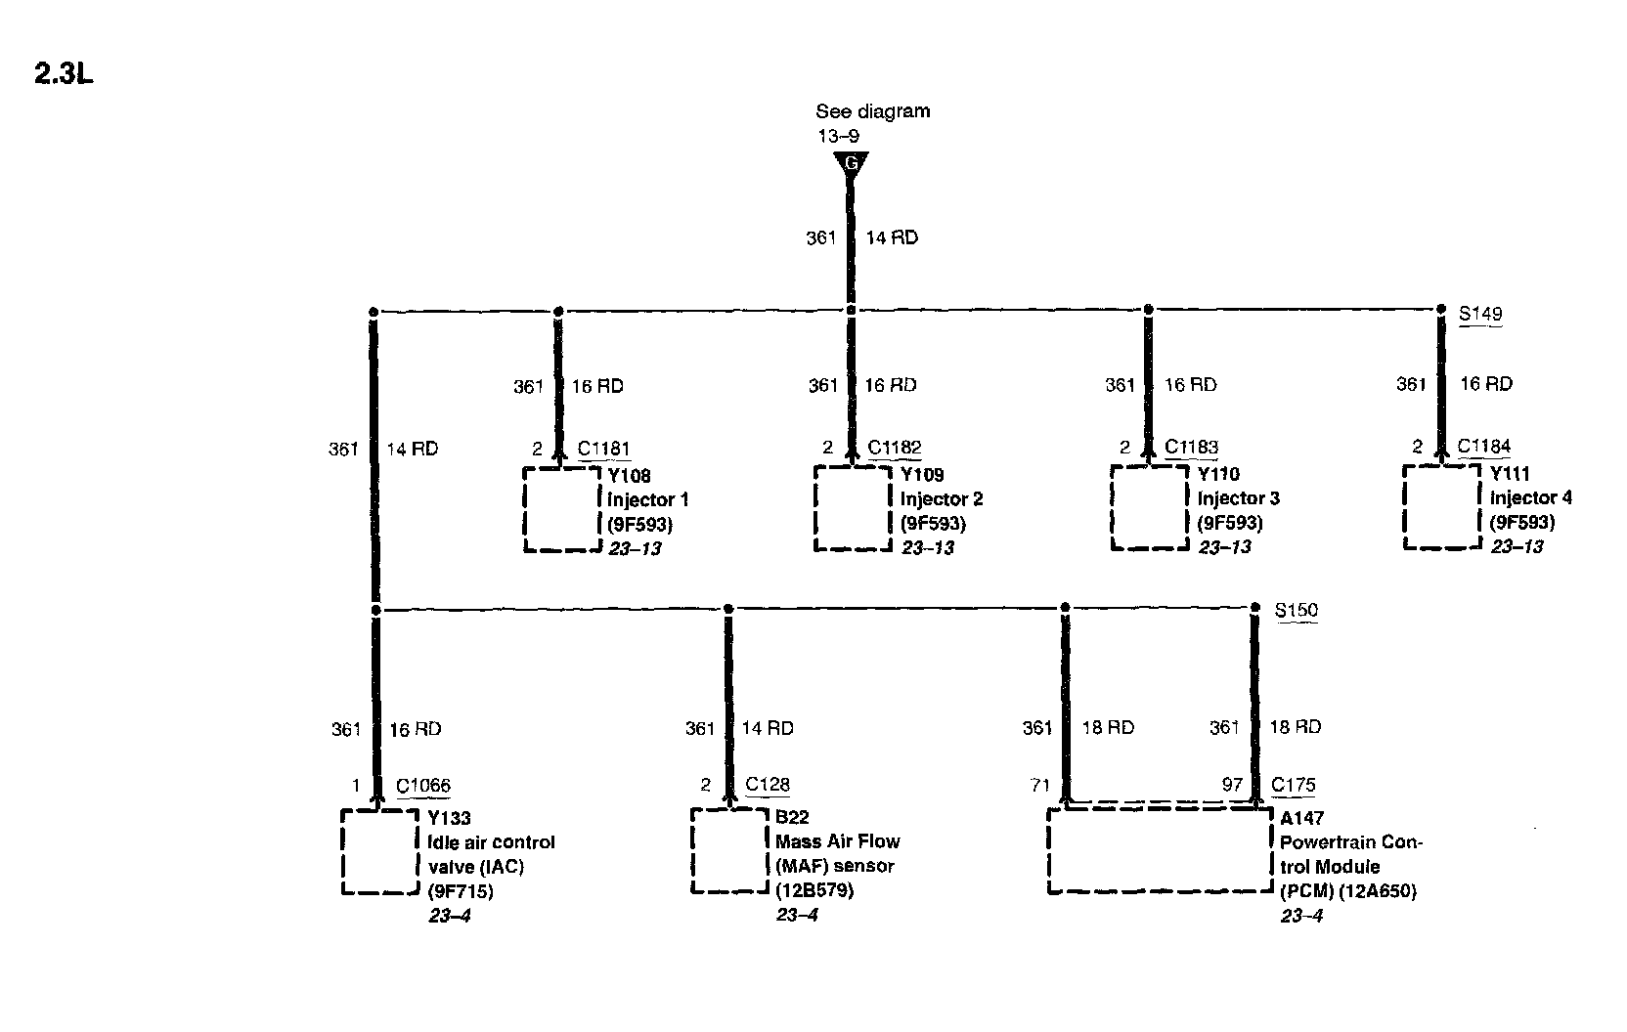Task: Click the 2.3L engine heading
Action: click(x=64, y=75)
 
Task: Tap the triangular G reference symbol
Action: click(x=850, y=164)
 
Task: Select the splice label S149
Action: click(x=1480, y=314)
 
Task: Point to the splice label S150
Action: click(x=1297, y=611)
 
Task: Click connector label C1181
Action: click(x=603, y=449)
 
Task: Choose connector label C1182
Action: click(x=894, y=449)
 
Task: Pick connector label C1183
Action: click(x=1191, y=448)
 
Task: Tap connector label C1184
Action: click(x=1483, y=447)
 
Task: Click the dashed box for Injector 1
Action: click(x=561, y=509)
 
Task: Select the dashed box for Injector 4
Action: click(x=1441, y=506)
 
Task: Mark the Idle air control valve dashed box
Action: click(x=379, y=850)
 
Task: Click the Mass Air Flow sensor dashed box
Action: click(x=728, y=849)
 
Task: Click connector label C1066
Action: click(x=422, y=786)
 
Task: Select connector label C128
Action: click(x=768, y=785)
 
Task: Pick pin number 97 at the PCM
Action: click(x=1232, y=785)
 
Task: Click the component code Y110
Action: click(x=1218, y=474)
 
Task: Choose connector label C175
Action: click(x=1293, y=785)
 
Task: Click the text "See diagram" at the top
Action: click(x=872, y=111)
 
